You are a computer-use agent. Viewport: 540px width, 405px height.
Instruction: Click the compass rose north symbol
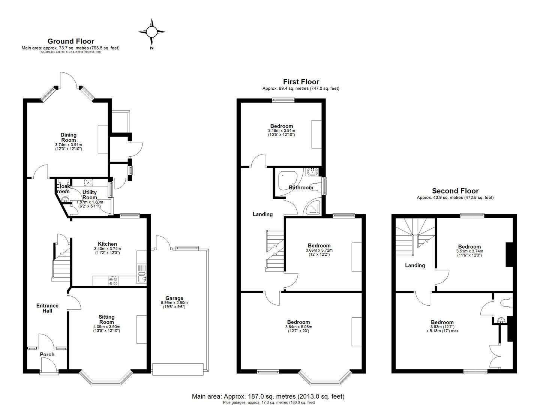click(x=152, y=33)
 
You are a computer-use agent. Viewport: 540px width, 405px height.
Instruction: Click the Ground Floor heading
click(x=71, y=41)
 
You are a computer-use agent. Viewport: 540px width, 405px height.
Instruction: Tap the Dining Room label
click(x=69, y=137)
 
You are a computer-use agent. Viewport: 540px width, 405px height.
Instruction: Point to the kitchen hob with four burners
click(x=113, y=281)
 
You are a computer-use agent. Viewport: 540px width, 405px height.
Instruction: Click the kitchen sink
click(x=142, y=278)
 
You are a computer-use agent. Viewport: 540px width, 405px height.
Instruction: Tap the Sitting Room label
click(x=106, y=319)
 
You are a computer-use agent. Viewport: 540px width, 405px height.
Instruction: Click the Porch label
click(x=47, y=354)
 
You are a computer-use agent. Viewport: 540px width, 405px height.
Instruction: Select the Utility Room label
click(x=90, y=195)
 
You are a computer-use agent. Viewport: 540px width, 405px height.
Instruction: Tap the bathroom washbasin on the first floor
click(x=312, y=172)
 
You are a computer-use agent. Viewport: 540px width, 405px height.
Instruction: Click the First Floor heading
click(x=301, y=82)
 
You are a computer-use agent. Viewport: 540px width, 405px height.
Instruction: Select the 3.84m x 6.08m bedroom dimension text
click(x=298, y=327)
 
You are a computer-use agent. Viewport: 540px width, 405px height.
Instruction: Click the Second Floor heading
click(x=455, y=191)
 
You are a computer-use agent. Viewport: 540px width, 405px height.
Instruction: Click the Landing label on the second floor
click(x=415, y=265)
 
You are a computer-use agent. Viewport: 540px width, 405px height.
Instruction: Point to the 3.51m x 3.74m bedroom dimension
click(x=469, y=251)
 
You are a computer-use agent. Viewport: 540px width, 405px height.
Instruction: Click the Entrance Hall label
click(x=47, y=308)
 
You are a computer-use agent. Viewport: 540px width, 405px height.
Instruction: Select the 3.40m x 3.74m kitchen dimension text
click(x=107, y=249)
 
